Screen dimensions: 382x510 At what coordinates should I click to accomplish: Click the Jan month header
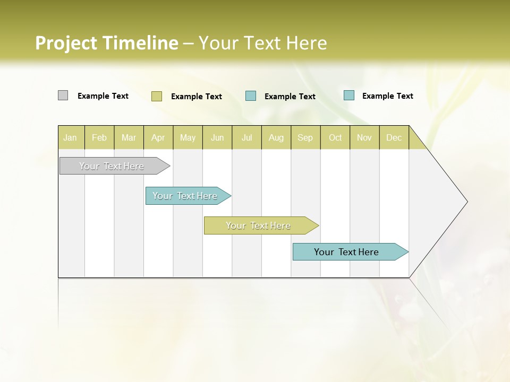pyautogui.click(x=70, y=137)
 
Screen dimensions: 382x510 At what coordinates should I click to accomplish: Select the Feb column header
pyautogui.click(x=99, y=137)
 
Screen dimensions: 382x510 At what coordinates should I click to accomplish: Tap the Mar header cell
pyautogui.click(x=129, y=137)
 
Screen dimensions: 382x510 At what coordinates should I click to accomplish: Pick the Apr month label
pyautogui.click(x=158, y=137)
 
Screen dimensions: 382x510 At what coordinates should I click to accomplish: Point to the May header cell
pyautogui.click(x=188, y=137)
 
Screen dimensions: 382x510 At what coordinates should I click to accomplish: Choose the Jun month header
pyautogui.click(x=217, y=137)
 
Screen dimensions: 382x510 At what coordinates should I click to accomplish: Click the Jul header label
pyautogui.click(x=247, y=137)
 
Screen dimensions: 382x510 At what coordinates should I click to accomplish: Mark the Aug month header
pyautogui.click(x=276, y=137)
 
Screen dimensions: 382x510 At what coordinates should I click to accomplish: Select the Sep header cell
pyautogui.click(x=305, y=137)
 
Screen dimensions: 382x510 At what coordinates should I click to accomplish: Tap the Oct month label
pyautogui.click(x=335, y=137)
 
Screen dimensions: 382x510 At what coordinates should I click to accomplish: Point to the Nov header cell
pyautogui.click(x=364, y=137)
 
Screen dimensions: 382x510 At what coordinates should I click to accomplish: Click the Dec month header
pyautogui.click(x=394, y=137)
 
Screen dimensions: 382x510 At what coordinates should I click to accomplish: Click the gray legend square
pyautogui.click(x=63, y=95)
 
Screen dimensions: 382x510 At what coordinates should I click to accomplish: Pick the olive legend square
pyautogui.click(x=156, y=96)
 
